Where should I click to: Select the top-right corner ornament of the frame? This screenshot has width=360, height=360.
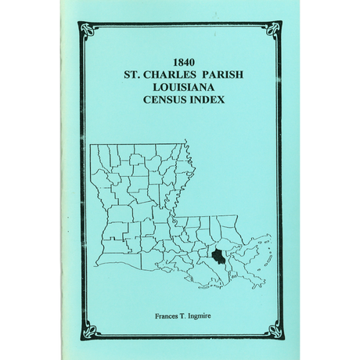click(274, 31)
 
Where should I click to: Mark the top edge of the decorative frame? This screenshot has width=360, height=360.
click(181, 24)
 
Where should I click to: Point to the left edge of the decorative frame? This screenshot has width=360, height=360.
click(81, 180)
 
